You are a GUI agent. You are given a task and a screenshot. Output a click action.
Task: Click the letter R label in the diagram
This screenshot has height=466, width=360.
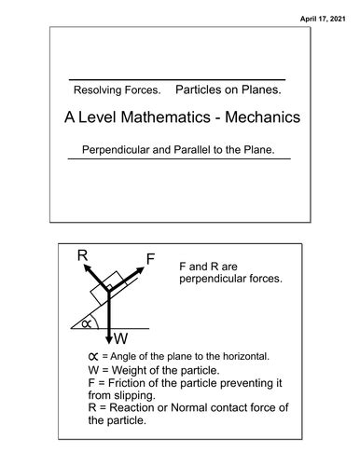tap(82, 254)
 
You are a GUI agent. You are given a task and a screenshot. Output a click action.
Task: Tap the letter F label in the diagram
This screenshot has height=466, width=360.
tap(150, 258)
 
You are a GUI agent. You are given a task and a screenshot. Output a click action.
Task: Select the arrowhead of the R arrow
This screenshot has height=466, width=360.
tap(92, 267)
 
